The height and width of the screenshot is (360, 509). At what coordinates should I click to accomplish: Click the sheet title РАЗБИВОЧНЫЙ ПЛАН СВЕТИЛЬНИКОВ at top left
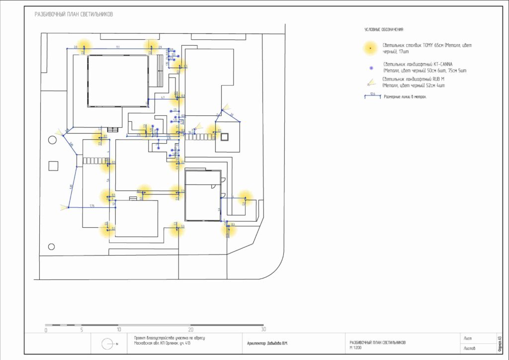point(74,14)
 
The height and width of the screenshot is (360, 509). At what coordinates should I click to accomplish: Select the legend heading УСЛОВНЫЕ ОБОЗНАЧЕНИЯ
point(384,30)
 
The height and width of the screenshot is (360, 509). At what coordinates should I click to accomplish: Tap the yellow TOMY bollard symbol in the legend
point(370,48)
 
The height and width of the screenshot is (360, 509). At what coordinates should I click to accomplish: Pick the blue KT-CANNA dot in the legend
point(370,67)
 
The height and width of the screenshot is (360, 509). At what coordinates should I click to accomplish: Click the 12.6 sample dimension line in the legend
point(372,96)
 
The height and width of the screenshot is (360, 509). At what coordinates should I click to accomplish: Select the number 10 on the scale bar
point(119,330)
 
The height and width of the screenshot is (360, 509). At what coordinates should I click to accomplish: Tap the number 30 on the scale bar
point(263,330)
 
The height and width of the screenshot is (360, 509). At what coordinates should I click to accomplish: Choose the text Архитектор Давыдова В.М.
point(267,343)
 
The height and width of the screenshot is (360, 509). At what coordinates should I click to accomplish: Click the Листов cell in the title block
point(469,348)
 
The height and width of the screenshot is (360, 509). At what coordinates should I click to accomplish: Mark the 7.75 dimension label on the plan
point(92,205)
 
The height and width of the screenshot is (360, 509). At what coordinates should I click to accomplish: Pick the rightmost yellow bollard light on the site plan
point(244,197)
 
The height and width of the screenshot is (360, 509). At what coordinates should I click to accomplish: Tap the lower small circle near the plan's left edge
point(51,246)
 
